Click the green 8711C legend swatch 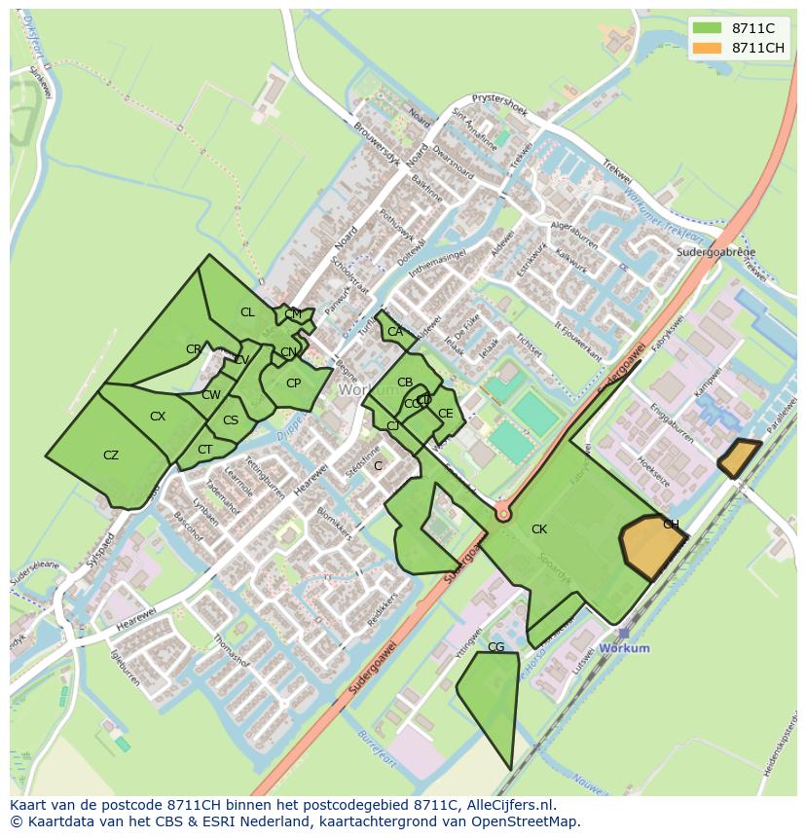pyautogui.click(x=707, y=28)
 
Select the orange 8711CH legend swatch pyautogui.click(x=707, y=48)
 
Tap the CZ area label pyautogui.click(x=111, y=455)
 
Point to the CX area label pyautogui.click(x=158, y=417)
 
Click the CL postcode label pyautogui.click(x=247, y=312)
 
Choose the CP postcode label pyautogui.click(x=293, y=383)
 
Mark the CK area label pyautogui.click(x=538, y=529)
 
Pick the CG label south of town pyautogui.click(x=495, y=647)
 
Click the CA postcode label pyautogui.click(x=394, y=332)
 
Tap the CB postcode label pyautogui.click(x=405, y=383)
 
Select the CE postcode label pyautogui.click(x=445, y=414)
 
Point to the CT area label pyautogui.click(x=204, y=450)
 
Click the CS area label pyautogui.click(x=231, y=421)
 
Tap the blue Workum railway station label pyautogui.click(x=624, y=648)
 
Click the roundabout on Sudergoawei pyautogui.click(x=503, y=512)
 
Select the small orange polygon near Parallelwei pyautogui.click(x=740, y=457)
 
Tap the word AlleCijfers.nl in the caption pyautogui.click(x=508, y=805)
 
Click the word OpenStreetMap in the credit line pyautogui.click(x=527, y=821)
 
